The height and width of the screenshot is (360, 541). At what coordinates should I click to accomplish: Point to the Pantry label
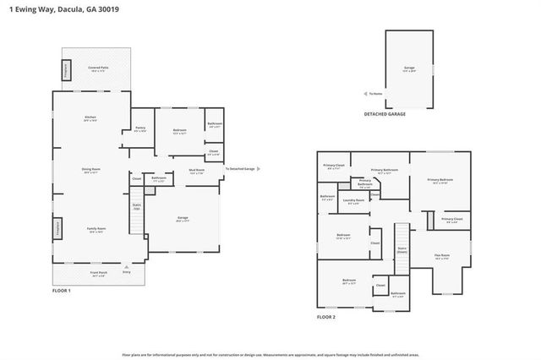pyautogui.click(x=140, y=129)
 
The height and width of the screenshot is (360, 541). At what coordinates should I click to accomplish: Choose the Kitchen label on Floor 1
pyautogui.click(x=90, y=119)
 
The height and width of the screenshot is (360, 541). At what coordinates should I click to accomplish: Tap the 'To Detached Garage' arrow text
pyautogui.click(x=240, y=169)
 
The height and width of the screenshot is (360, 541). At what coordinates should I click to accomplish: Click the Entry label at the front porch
pyautogui.click(x=127, y=272)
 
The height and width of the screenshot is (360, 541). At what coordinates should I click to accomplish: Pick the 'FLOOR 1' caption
pyautogui.click(x=62, y=291)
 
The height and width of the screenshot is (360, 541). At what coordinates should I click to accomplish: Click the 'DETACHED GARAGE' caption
pyautogui.click(x=385, y=113)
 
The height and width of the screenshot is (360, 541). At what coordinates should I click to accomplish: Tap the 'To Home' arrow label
pyautogui.click(x=375, y=94)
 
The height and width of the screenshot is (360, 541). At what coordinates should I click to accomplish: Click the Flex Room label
pyautogui.click(x=441, y=255)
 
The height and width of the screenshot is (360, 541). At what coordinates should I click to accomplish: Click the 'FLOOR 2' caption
pyautogui.click(x=326, y=316)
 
